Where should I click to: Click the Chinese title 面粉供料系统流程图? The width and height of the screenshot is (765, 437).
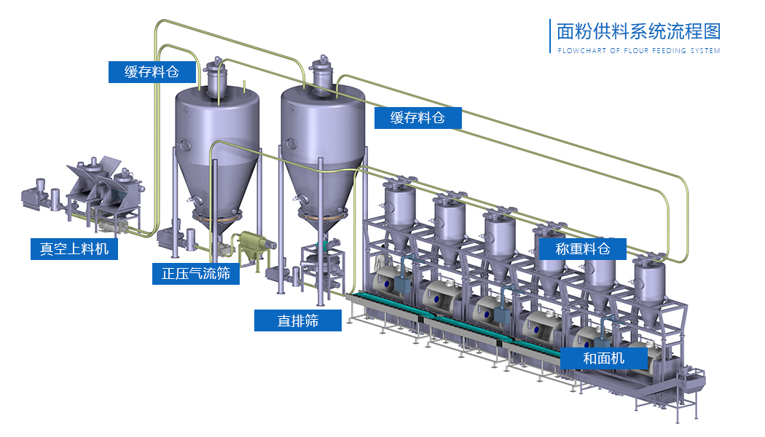[639, 31]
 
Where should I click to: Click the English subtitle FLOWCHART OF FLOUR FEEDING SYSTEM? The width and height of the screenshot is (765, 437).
[639, 50]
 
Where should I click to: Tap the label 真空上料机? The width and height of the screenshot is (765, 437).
[74, 249]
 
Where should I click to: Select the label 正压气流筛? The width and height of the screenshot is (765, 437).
[196, 273]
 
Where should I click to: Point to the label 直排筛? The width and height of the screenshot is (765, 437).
[297, 320]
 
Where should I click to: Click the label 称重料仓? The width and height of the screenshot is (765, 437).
[583, 249]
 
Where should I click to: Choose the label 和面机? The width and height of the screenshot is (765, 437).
[603, 358]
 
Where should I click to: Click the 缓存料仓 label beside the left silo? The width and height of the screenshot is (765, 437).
[152, 71]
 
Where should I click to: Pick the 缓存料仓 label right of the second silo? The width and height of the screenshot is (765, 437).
[417, 117]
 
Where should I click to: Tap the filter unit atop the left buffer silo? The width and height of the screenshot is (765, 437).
[215, 77]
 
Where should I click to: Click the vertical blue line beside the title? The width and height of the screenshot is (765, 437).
[550, 36]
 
